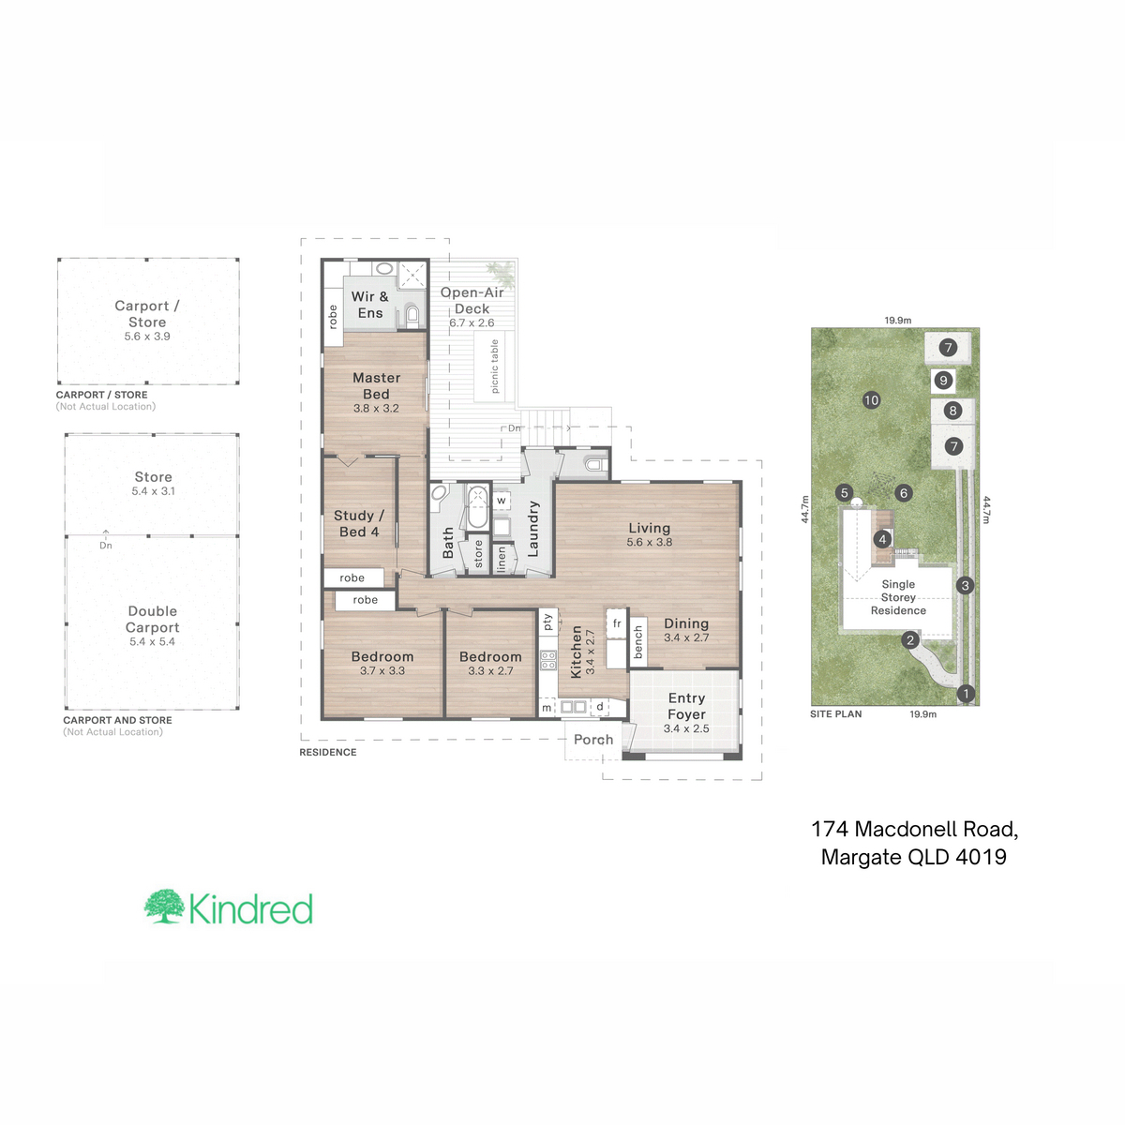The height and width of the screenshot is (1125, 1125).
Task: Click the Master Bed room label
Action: tap(376, 386)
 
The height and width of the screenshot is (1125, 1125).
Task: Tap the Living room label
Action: tap(649, 528)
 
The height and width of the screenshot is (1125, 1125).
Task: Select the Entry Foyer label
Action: tap(686, 706)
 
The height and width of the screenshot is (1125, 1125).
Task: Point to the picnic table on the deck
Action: tap(494, 366)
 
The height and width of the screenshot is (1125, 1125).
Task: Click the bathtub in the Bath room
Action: tap(477, 507)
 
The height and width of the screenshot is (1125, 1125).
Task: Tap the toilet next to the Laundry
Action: tap(593, 465)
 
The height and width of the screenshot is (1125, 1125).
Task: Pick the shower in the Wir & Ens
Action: tap(412, 274)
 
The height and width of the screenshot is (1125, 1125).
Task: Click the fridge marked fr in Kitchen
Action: tap(617, 623)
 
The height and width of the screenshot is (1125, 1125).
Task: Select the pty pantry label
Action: tap(547, 622)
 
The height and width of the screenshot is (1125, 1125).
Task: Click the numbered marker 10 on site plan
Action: tap(871, 400)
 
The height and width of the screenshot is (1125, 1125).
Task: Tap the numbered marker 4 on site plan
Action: tap(882, 539)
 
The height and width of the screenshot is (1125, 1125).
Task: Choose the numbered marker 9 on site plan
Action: tap(943, 381)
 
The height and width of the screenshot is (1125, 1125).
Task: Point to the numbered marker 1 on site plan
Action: tap(966, 694)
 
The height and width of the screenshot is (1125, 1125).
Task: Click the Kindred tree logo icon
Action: tap(165, 906)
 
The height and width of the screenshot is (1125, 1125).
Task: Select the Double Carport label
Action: tap(153, 619)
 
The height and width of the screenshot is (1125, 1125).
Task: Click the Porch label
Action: tap(593, 740)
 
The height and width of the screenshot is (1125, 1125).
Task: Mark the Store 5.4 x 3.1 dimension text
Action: tap(153, 491)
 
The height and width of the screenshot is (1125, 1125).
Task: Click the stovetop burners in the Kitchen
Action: tap(548, 660)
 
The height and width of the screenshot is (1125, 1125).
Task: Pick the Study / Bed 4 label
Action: tap(359, 524)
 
